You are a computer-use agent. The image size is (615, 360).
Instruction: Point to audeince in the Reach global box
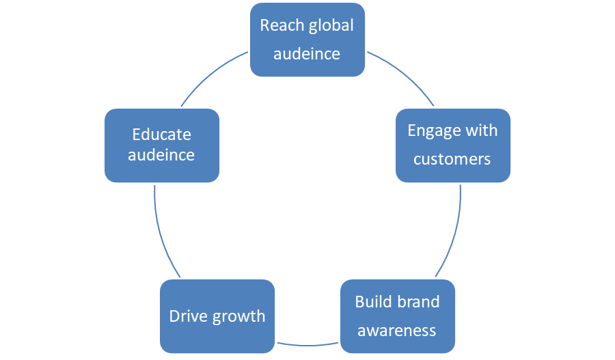[307, 54]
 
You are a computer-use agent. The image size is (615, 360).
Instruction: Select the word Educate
[161, 135]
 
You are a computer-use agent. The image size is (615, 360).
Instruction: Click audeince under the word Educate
[161, 155]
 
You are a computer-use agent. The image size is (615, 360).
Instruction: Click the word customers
[452, 159]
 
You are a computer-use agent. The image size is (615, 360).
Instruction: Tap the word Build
[374, 302]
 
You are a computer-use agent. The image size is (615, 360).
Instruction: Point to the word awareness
[397, 331]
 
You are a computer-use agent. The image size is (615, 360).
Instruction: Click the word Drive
[187, 316]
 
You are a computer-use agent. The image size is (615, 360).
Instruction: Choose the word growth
[238, 317]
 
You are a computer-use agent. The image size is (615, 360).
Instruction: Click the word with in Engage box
[482, 130]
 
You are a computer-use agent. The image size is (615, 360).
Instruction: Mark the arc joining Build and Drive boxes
[307, 344]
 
